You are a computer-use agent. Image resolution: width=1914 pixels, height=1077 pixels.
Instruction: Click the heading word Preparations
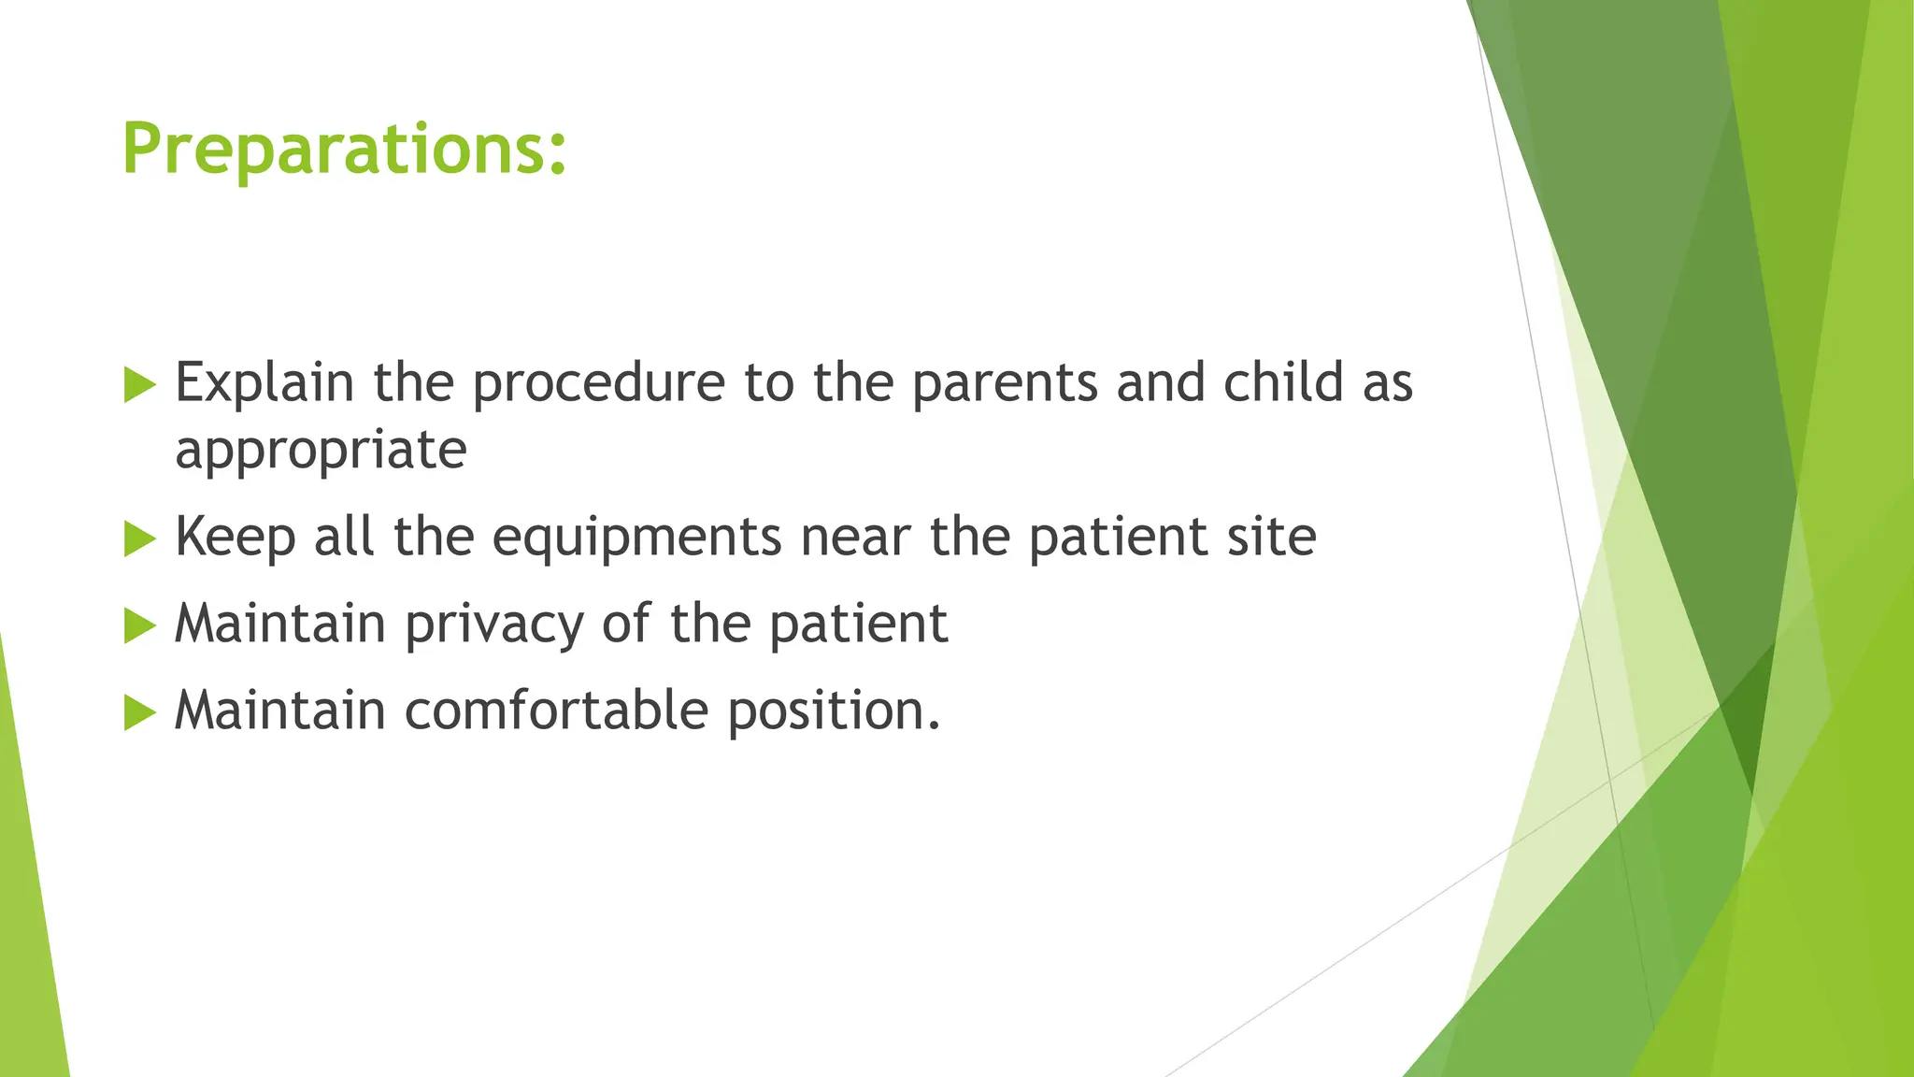click(x=333, y=150)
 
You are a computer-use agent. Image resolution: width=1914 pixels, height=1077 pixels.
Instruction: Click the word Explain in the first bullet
click(x=264, y=382)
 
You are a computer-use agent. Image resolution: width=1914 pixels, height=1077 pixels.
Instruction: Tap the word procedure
click(x=598, y=384)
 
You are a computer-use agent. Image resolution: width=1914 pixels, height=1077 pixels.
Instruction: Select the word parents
click(x=1004, y=384)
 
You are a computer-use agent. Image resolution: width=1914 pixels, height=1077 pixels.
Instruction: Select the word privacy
click(x=494, y=625)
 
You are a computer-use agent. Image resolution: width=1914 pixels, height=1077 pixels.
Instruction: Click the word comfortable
click(x=556, y=710)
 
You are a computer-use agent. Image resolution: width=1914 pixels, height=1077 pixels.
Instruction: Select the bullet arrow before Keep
click(x=139, y=538)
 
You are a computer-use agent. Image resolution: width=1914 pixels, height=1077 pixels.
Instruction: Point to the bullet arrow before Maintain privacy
click(x=139, y=625)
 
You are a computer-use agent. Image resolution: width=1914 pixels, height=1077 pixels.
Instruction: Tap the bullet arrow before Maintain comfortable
click(x=139, y=712)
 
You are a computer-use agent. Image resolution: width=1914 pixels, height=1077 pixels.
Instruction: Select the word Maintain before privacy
click(x=279, y=624)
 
